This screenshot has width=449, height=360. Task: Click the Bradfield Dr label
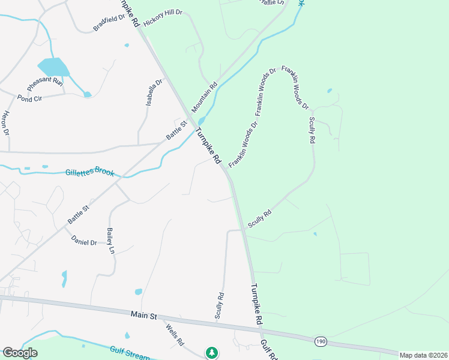tap(109, 22)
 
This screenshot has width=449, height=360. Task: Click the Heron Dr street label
tap(6, 122)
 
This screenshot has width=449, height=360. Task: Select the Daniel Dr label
tap(84, 242)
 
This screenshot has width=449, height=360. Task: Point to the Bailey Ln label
tap(110, 241)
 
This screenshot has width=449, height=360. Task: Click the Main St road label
tap(143, 314)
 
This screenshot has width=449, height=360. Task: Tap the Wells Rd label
tap(175, 334)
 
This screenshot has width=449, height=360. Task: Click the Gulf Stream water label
tap(130, 352)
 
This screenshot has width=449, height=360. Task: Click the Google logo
tap(20, 353)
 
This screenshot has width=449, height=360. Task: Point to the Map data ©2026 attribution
tap(423, 355)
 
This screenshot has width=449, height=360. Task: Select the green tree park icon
tap(211, 353)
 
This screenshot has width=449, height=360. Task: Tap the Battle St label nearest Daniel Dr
tap(78, 215)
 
